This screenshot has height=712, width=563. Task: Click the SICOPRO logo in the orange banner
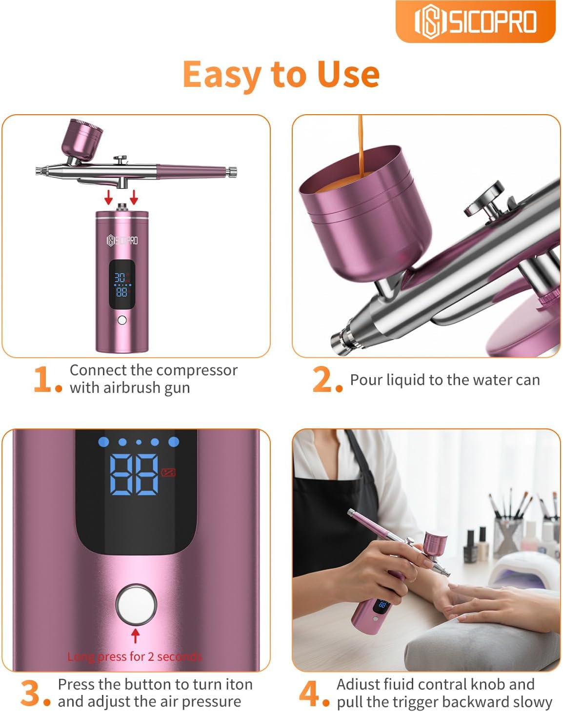(475, 21)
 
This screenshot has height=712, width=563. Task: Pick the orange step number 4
(309, 693)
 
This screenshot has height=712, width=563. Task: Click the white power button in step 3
(136, 604)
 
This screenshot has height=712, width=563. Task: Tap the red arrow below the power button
(136, 635)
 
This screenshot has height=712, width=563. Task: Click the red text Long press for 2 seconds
(134, 656)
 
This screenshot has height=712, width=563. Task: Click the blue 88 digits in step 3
(134, 474)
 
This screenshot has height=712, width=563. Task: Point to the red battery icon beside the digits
(168, 472)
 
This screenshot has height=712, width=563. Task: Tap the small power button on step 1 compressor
(122, 320)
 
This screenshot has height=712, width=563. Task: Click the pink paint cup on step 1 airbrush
(82, 137)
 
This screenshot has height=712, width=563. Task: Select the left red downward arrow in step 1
(109, 197)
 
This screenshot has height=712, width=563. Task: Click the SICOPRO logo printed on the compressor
(122, 240)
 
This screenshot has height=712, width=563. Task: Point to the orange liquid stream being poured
(360, 146)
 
